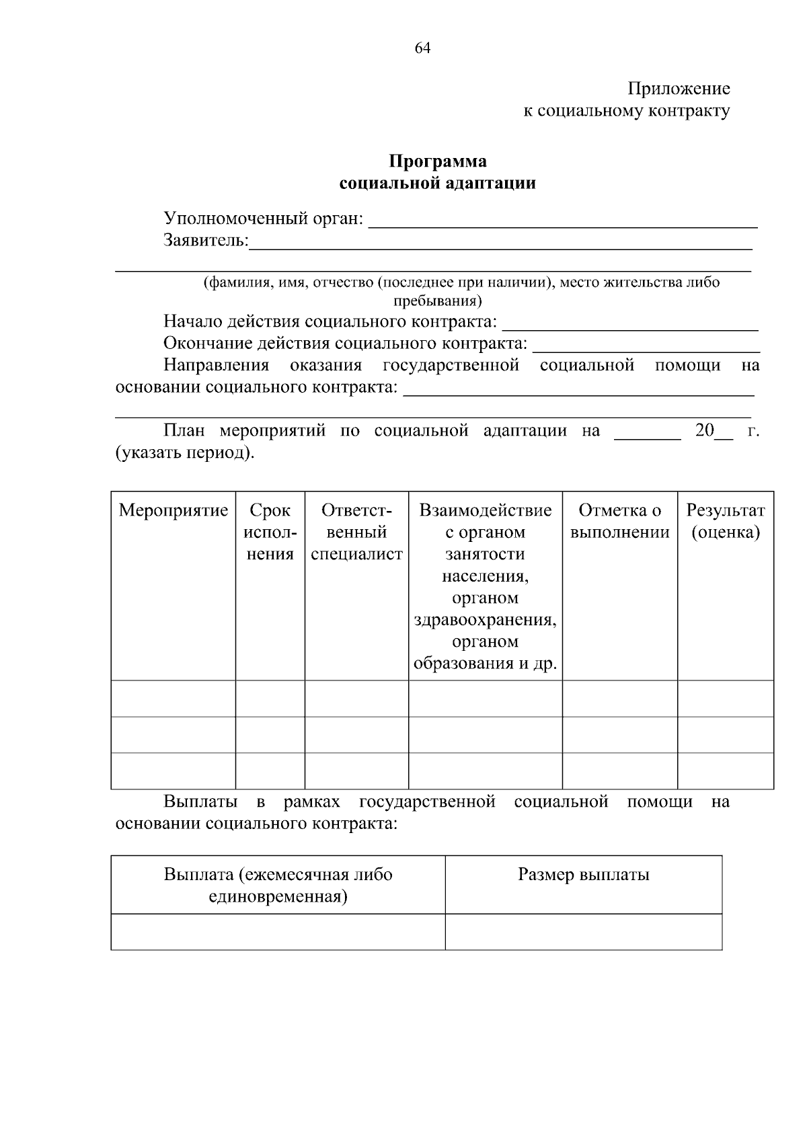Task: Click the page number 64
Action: (422, 48)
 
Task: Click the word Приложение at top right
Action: (679, 89)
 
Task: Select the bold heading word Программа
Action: (438, 161)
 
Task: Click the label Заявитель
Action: (206, 241)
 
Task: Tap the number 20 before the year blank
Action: (704, 430)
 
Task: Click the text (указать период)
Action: (186, 453)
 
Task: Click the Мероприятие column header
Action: (174, 510)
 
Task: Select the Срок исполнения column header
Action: (270, 532)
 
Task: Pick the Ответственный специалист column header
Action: (356, 532)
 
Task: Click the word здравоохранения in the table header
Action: (485, 619)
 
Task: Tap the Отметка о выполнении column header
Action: (619, 521)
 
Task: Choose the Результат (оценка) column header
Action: (725, 521)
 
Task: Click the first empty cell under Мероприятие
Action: (174, 699)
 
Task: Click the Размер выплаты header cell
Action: (583, 875)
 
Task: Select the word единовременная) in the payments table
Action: (278, 896)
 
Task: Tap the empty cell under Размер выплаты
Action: (583, 931)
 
